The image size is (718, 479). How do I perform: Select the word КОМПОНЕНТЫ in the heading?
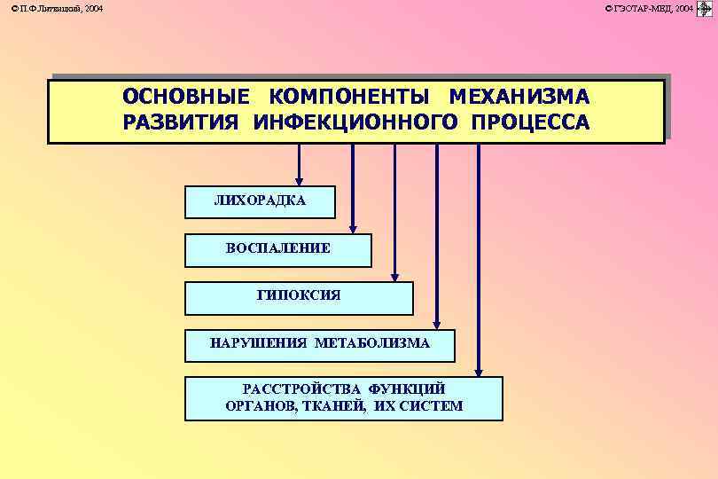coord(349,96)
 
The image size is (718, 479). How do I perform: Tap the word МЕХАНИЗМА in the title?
coord(519,96)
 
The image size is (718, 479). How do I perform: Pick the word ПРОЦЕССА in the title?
coord(530,122)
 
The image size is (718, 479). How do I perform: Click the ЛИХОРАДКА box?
coord(260,201)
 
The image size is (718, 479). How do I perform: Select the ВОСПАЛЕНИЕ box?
coord(277,249)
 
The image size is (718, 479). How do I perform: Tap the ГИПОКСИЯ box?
coord(299,296)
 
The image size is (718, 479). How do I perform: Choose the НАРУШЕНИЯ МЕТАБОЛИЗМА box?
coord(319,343)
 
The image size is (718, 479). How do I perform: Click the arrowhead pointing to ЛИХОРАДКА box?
coord(300,180)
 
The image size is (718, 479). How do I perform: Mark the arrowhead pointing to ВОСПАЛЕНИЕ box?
coord(353,228)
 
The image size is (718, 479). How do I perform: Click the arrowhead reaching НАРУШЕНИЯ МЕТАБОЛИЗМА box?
coord(436,324)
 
